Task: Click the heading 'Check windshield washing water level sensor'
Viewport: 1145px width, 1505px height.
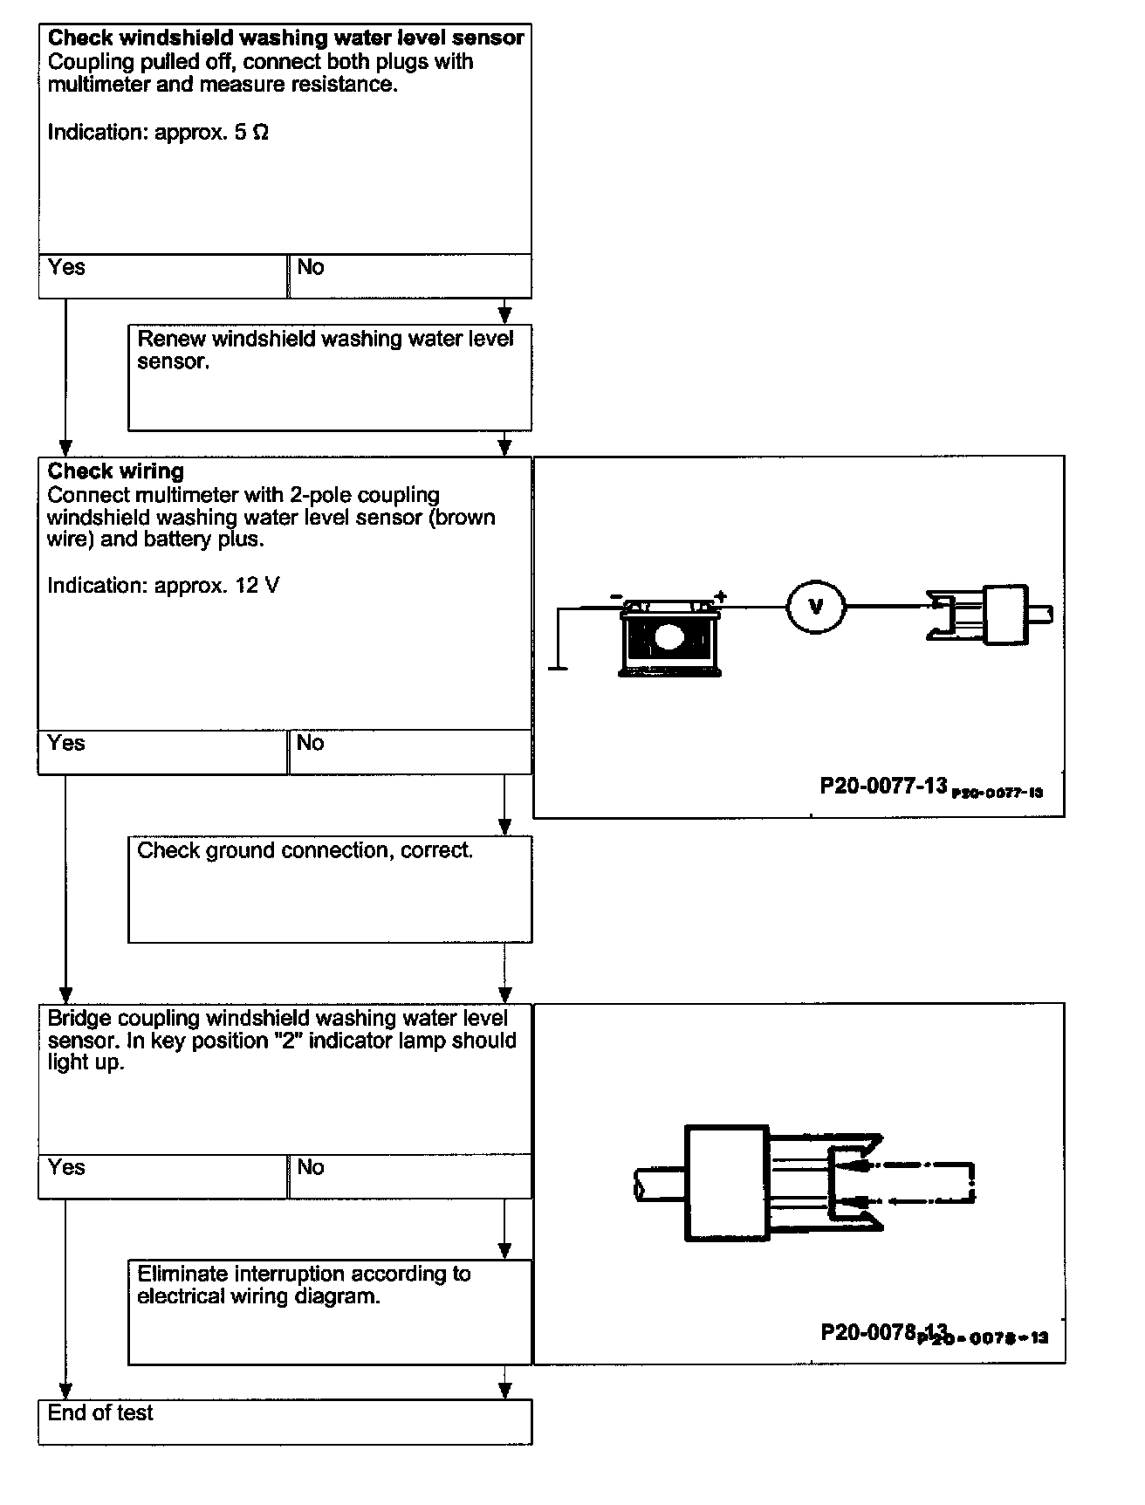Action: [x=285, y=38]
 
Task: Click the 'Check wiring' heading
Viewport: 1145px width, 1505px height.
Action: [x=116, y=471]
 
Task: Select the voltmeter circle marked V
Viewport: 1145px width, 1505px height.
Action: [x=816, y=606]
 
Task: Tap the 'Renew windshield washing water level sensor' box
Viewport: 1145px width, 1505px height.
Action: [x=329, y=377]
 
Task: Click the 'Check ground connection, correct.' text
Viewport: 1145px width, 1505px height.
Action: [x=305, y=850]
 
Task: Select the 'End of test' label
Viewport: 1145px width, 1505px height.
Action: [x=100, y=1412]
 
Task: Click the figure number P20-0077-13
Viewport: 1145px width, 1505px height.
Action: [x=883, y=786]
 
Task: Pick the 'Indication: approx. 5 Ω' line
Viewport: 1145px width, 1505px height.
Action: [x=158, y=132]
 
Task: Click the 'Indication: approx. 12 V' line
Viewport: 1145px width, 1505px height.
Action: [x=163, y=585]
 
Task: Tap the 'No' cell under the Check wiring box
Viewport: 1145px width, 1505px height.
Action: [x=409, y=752]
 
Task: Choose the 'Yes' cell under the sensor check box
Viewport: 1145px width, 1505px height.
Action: [x=163, y=276]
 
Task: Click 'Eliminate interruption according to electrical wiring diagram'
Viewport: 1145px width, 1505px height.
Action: [x=304, y=1285]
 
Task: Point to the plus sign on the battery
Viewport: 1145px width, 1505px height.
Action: [x=720, y=596]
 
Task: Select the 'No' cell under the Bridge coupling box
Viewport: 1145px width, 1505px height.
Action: [x=409, y=1176]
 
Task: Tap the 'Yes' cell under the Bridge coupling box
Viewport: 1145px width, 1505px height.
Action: [x=163, y=1176]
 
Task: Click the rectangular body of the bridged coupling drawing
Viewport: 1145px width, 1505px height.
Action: [x=726, y=1182]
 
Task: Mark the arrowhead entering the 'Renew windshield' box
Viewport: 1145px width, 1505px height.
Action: [x=504, y=314]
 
